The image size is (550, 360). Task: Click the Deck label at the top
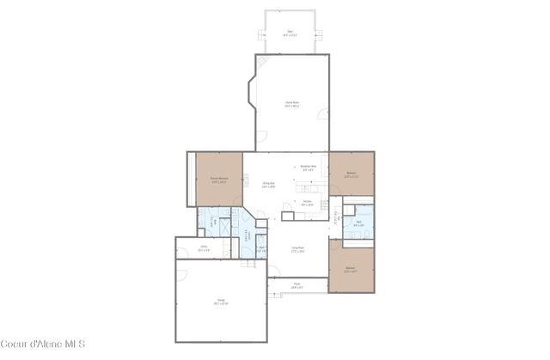290,32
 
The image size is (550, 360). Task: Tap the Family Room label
292,104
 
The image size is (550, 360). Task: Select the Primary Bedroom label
218,180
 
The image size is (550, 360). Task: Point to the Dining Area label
269,184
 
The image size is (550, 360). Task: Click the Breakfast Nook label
309,168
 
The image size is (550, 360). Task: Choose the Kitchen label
307,204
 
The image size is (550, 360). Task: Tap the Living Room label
298,250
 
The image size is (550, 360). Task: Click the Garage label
221,302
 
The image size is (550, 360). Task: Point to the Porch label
296,285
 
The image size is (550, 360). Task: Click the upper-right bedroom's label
351,174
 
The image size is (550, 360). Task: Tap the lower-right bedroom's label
351,269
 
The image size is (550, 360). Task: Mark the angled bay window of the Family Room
248,92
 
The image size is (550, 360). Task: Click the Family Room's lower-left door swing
262,136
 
